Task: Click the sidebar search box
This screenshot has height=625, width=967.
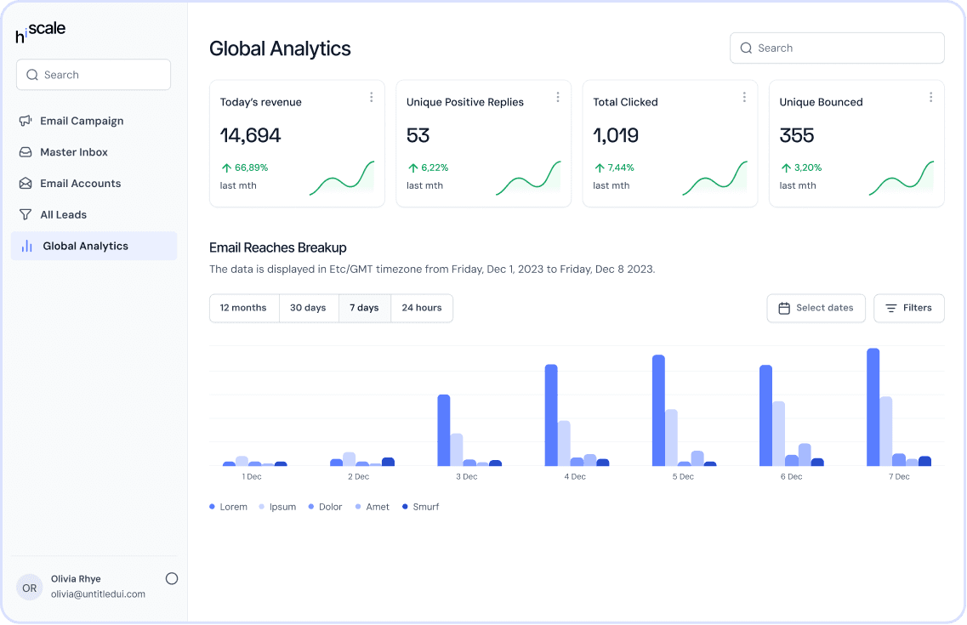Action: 93,75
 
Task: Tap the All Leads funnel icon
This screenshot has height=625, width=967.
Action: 26,214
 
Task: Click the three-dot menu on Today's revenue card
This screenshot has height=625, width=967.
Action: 372,98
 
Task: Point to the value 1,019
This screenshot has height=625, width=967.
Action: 616,135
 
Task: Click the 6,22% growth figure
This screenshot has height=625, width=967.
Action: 435,168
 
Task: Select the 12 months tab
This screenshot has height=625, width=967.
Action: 243,308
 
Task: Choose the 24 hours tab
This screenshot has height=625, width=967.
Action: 422,308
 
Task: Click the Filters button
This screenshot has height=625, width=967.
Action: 909,308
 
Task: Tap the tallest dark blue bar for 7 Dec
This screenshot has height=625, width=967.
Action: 873,406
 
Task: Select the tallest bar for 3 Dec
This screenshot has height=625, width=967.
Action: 444,430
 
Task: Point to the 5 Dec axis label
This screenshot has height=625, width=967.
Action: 683,476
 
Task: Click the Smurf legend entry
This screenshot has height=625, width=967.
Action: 421,507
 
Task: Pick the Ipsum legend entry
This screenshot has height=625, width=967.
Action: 277,507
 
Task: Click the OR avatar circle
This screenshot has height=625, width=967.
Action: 30,588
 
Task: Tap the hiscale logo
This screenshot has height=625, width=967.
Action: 40,31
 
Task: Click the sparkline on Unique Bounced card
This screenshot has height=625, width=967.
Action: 901,178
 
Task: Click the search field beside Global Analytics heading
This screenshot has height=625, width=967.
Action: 837,48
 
